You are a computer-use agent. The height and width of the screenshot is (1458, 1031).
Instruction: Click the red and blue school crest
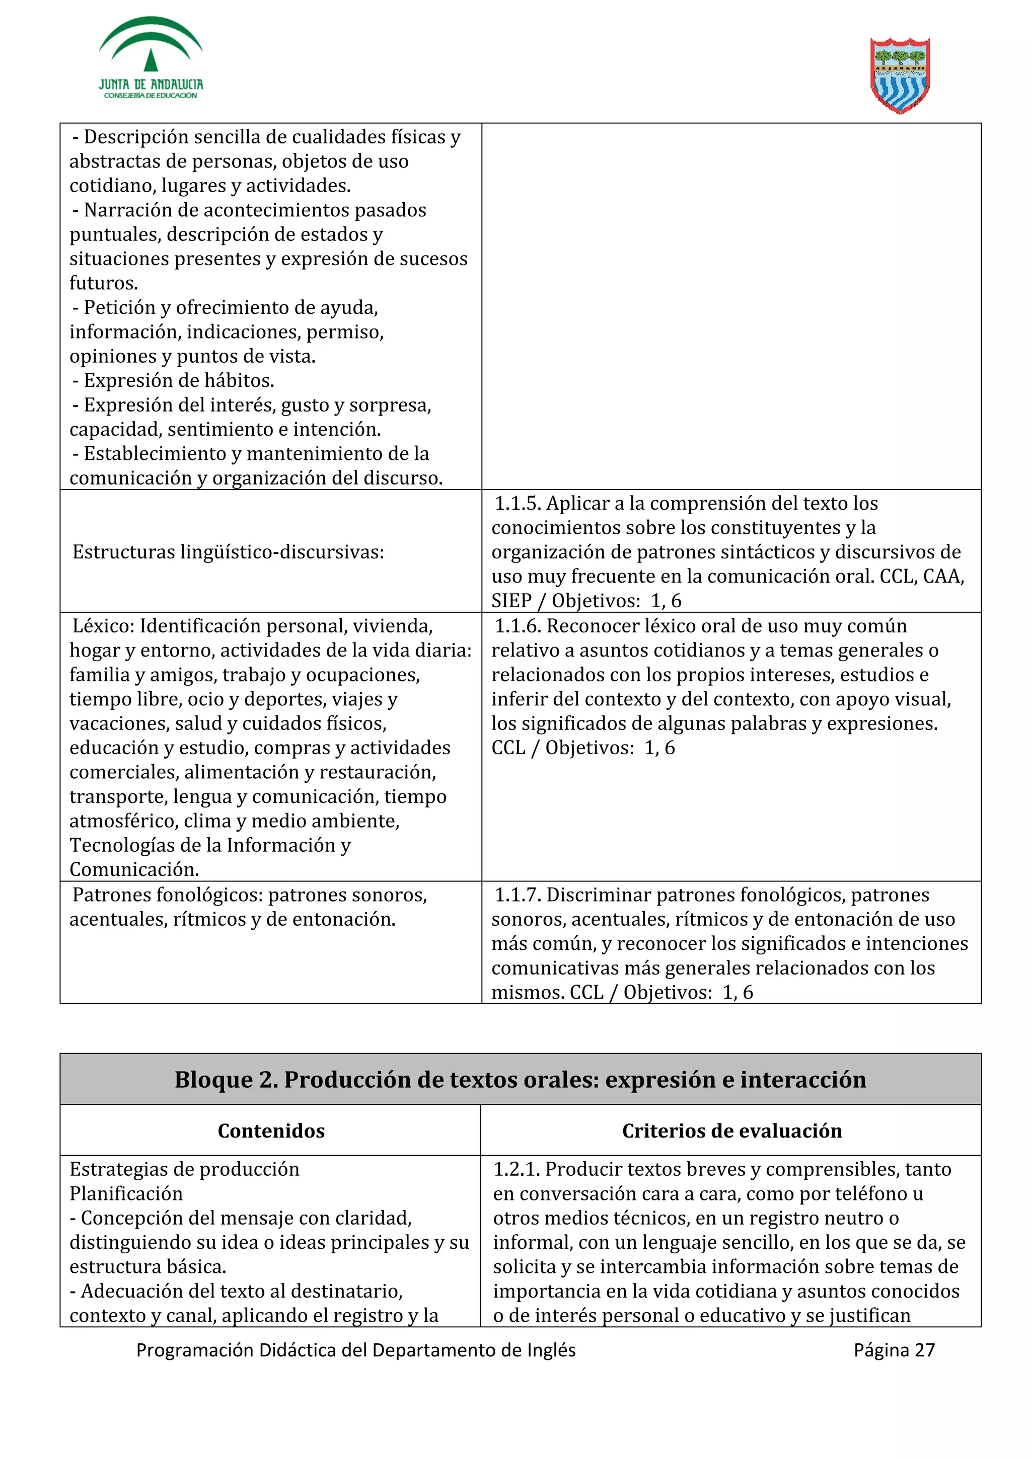(x=900, y=75)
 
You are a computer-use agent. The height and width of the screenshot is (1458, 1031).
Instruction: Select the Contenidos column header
(x=271, y=1130)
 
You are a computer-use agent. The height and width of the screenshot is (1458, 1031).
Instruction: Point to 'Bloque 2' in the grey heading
(x=226, y=1080)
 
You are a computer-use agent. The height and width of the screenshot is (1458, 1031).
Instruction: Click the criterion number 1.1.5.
(x=517, y=504)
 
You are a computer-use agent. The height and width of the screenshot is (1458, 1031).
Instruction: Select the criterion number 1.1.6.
(x=517, y=626)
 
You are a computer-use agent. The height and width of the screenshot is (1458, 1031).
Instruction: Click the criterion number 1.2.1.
(x=516, y=1169)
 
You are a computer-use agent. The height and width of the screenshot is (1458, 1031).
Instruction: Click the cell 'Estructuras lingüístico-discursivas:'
(x=228, y=552)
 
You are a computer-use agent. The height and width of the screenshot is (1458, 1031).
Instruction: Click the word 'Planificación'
(x=126, y=1194)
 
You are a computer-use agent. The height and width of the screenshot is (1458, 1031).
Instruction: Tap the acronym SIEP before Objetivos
(x=511, y=601)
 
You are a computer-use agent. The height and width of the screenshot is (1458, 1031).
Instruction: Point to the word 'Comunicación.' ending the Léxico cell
(x=134, y=869)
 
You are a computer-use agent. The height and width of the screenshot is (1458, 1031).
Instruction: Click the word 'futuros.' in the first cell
(x=104, y=283)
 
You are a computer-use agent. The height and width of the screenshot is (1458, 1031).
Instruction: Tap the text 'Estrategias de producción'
(x=184, y=1169)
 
